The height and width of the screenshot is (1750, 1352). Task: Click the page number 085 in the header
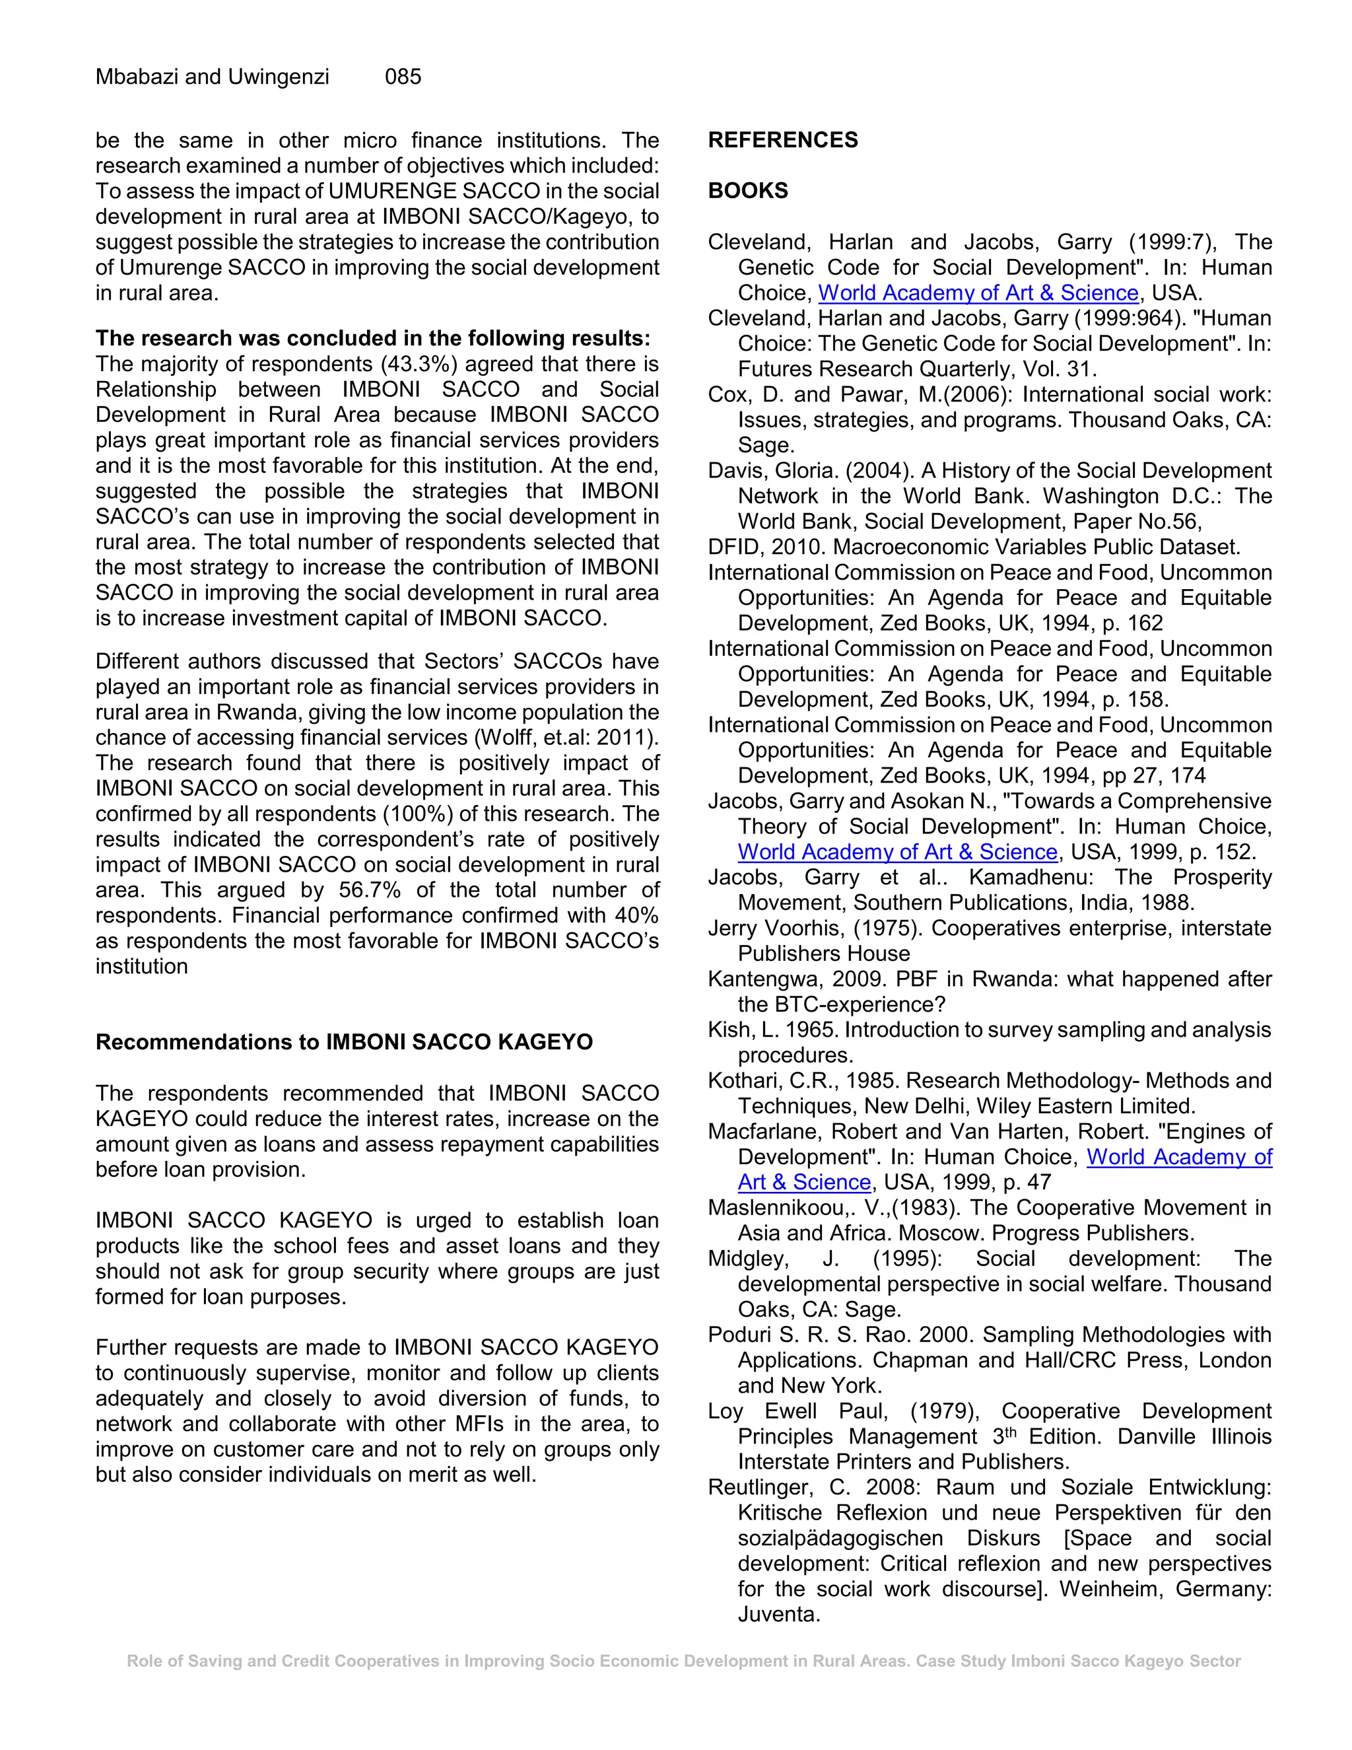[x=402, y=77]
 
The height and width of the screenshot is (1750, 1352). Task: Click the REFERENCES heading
[x=782, y=140]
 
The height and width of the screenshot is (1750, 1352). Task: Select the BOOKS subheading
[x=747, y=191]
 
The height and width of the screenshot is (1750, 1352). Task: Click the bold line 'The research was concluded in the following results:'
[x=372, y=339]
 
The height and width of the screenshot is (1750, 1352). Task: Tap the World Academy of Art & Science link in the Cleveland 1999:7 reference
[x=978, y=293]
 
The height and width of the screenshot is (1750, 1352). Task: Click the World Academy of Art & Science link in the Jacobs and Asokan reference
[x=898, y=853]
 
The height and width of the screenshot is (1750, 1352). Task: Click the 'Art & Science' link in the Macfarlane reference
[x=804, y=1183]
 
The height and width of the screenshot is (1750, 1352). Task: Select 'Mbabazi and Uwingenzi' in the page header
[x=213, y=77]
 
